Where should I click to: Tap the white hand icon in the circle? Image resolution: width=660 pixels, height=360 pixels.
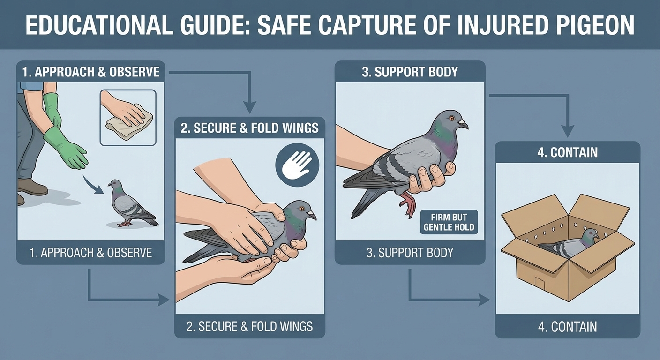coord(297,165)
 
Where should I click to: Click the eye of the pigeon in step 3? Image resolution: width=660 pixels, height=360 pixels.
coord(452,118)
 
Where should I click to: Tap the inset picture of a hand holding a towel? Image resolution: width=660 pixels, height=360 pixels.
coord(128,117)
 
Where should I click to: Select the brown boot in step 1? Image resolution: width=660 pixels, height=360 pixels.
coord(32,187)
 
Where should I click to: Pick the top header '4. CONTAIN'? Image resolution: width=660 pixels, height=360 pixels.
coord(567,152)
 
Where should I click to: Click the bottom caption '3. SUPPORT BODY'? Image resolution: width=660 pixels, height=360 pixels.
coord(410,253)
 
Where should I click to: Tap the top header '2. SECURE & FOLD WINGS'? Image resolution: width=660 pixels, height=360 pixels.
coord(249,128)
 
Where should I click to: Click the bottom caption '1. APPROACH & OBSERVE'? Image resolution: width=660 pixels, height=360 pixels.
coord(91,253)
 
